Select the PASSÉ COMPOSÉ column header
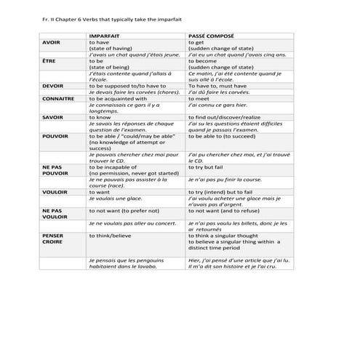coord(210,36)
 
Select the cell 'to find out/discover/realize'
coord(225,116)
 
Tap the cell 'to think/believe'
coord(111,236)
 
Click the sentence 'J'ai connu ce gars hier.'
coord(218,105)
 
